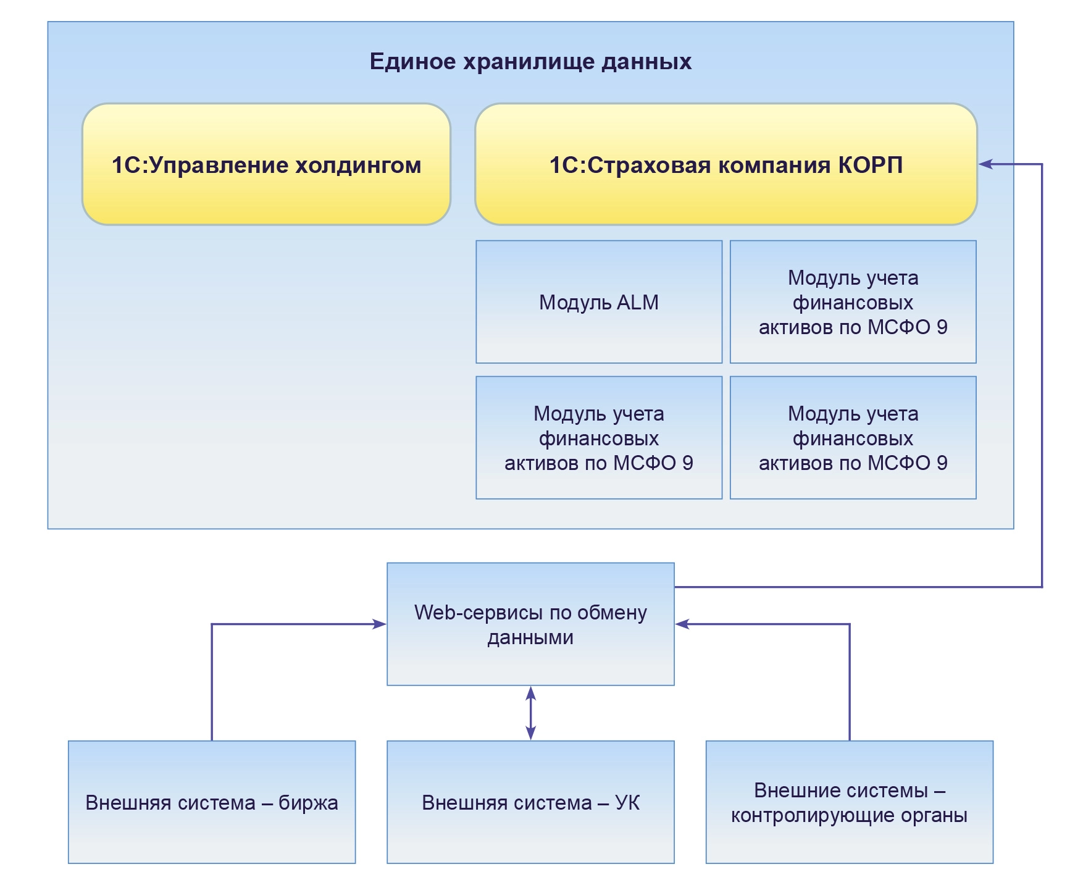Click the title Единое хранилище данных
(530, 62)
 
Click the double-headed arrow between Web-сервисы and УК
(530, 713)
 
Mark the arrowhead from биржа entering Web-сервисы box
(379, 624)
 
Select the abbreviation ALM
(638, 303)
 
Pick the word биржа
(308, 803)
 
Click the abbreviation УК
(627, 803)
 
